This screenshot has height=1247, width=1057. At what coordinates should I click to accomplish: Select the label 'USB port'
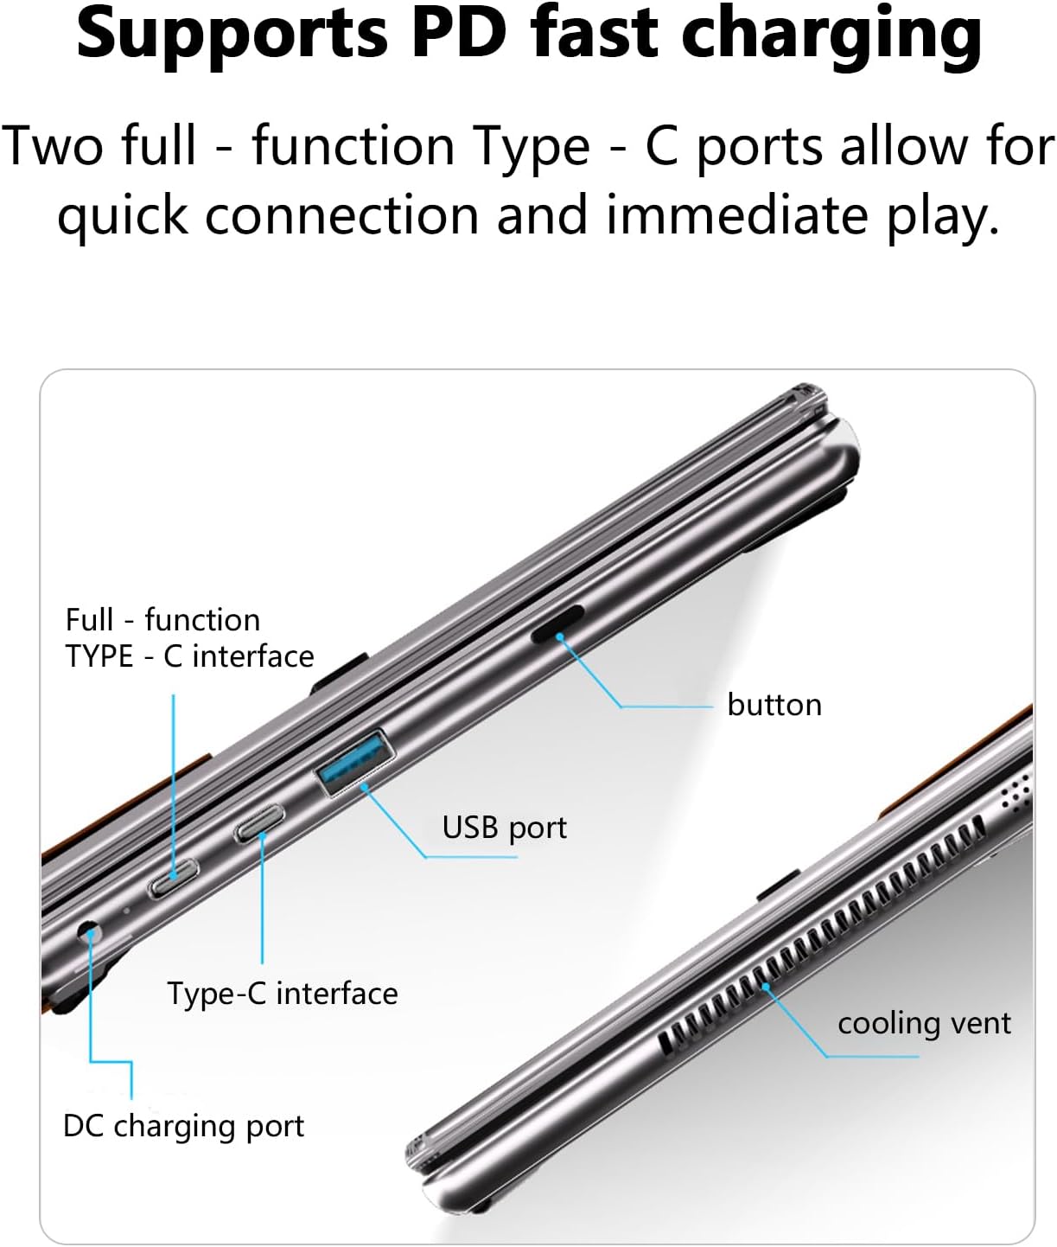tap(504, 828)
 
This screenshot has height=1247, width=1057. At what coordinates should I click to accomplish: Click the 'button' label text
tap(774, 705)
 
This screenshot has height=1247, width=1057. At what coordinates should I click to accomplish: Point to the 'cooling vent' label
tap(923, 1023)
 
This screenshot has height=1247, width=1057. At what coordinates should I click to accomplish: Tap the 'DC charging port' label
tap(183, 1126)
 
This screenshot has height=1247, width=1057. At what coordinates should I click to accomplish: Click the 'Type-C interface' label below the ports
tap(283, 994)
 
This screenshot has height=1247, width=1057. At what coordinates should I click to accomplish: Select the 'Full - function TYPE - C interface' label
tap(189, 638)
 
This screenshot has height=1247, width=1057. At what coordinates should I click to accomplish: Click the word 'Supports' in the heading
tap(229, 35)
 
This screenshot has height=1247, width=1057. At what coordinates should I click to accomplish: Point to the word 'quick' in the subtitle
tap(122, 215)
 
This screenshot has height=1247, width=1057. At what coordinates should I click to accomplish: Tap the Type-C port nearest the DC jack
tap(175, 879)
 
